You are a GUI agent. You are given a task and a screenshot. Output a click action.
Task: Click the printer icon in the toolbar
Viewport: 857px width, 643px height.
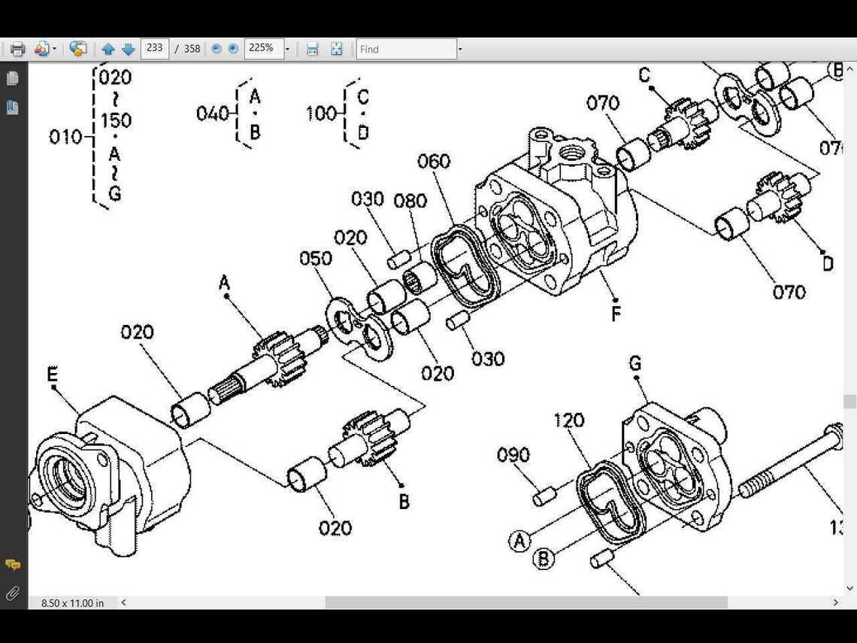point(17,49)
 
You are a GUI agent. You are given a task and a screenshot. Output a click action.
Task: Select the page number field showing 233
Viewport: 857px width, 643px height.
point(155,48)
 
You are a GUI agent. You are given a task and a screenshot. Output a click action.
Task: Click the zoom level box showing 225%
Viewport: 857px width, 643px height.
point(262,48)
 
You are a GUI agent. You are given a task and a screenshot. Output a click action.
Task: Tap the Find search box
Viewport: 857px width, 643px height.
point(406,49)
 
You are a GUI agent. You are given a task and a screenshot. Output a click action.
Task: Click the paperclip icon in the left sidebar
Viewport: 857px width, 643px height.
point(12,594)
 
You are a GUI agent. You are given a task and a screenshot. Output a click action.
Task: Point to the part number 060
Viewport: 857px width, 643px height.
point(434,161)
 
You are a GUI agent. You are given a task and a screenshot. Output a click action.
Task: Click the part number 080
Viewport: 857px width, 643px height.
point(410,201)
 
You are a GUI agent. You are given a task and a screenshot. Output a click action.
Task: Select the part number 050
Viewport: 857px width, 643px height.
point(315,258)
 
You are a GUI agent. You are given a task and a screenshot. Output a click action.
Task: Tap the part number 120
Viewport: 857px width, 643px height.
point(568,420)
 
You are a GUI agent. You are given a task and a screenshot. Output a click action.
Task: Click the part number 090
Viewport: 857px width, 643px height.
point(513,455)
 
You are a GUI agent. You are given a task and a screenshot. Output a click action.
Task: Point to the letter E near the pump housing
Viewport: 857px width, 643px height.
point(52,375)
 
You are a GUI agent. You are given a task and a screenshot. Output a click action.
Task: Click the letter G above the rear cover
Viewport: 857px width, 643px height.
point(635,364)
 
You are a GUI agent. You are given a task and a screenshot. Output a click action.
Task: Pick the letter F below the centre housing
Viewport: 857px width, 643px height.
point(616,314)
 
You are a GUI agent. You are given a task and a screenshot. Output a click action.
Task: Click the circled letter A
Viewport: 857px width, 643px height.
point(519,541)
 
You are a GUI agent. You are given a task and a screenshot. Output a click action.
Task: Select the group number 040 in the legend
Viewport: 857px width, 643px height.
point(211,114)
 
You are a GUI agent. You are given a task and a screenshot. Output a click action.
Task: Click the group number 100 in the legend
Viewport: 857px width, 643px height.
point(321,114)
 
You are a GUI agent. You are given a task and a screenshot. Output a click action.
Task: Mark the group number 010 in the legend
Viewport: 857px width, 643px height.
point(65,137)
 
